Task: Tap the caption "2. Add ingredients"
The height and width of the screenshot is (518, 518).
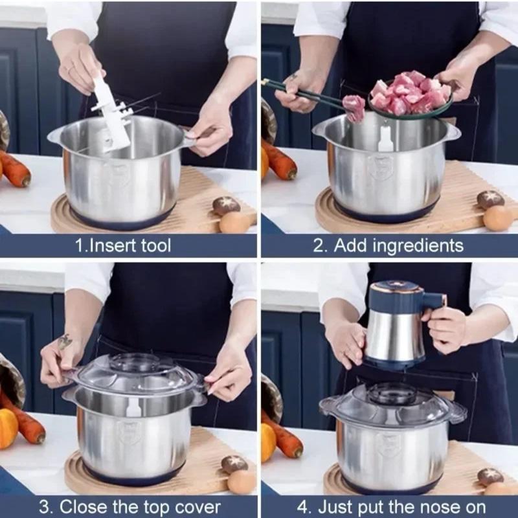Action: point(388,245)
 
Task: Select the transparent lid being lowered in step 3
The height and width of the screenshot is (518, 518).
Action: point(136,376)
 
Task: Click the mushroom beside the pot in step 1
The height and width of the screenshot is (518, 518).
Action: point(226,206)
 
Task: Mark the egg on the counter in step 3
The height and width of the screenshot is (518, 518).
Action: point(242,482)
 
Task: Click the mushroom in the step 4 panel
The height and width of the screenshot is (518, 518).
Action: point(490,477)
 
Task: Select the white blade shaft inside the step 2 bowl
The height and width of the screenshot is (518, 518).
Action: point(386,138)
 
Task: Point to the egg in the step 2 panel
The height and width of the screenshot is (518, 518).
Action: point(499,218)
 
